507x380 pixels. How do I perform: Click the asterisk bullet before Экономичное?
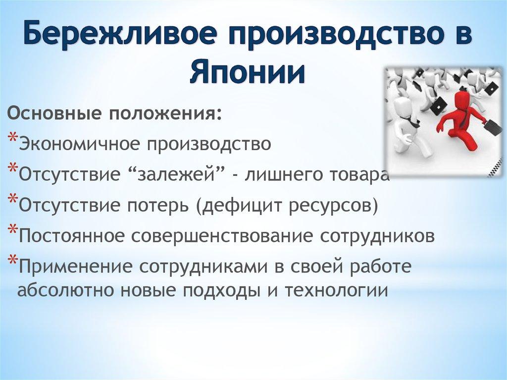coord(13,140)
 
